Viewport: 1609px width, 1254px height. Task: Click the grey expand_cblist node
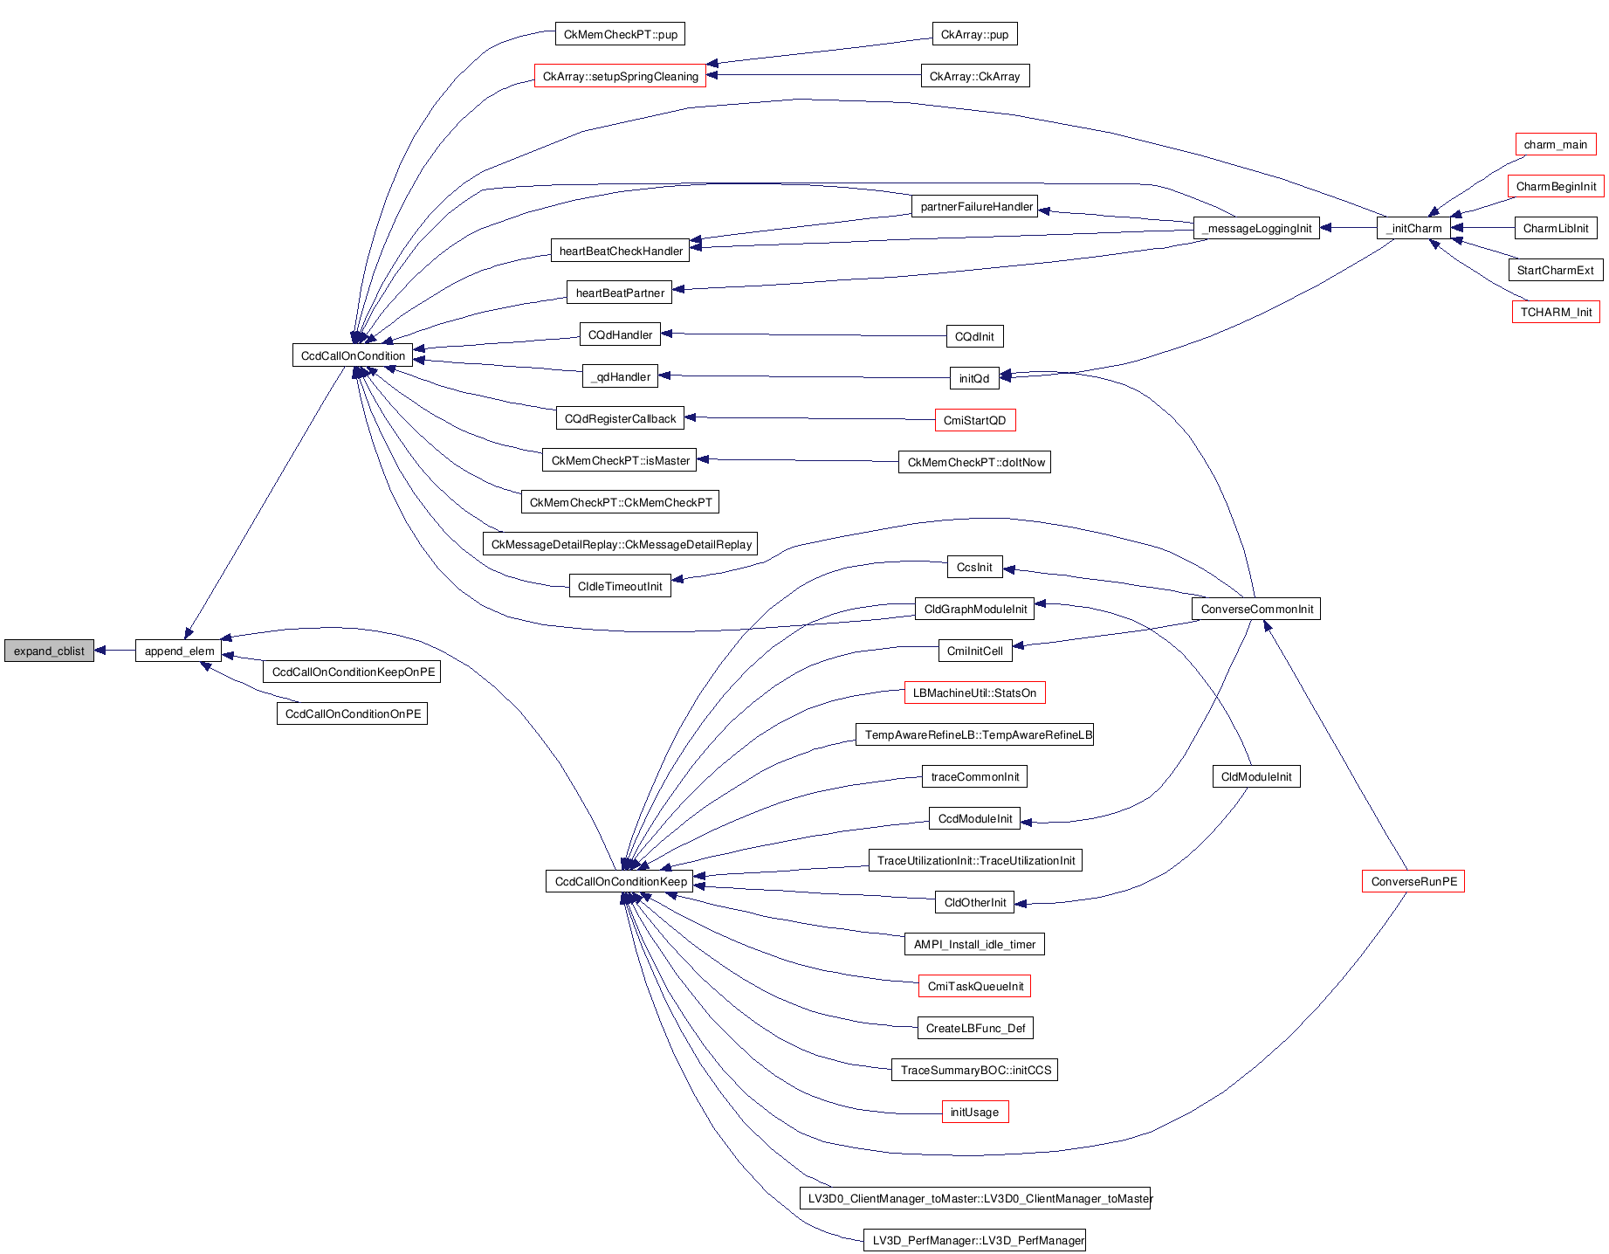pyautogui.click(x=49, y=651)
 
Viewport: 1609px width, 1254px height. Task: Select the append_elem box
pyautogui.click(x=179, y=651)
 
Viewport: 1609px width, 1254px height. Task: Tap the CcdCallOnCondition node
pyautogui.click(x=353, y=355)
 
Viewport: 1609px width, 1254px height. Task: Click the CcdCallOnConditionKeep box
pyautogui.click(x=620, y=881)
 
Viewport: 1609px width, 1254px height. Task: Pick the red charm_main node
pyautogui.click(x=1555, y=144)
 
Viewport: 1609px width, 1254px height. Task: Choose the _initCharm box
pyautogui.click(x=1413, y=228)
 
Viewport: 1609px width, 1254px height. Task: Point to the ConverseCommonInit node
pyautogui.click(x=1256, y=609)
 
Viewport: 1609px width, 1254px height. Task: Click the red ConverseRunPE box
pyautogui.click(x=1413, y=881)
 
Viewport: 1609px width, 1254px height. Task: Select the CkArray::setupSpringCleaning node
pyautogui.click(x=620, y=76)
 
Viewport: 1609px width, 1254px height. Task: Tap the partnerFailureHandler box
pyautogui.click(x=976, y=206)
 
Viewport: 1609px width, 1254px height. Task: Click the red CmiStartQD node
pyautogui.click(x=974, y=420)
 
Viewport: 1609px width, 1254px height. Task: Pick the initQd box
pyautogui.click(x=973, y=378)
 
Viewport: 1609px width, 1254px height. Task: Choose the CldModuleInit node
pyautogui.click(x=1256, y=776)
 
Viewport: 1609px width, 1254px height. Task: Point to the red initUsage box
pyautogui.click(x=974, y=1112)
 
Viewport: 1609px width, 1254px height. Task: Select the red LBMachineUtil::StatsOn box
pyautogui.click(x=974, y=692)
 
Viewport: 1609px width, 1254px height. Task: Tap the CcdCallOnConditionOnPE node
pyautogui.click(x=353, y=713)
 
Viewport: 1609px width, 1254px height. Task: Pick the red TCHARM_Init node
pyautogui.click(x=1556, y=312)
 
